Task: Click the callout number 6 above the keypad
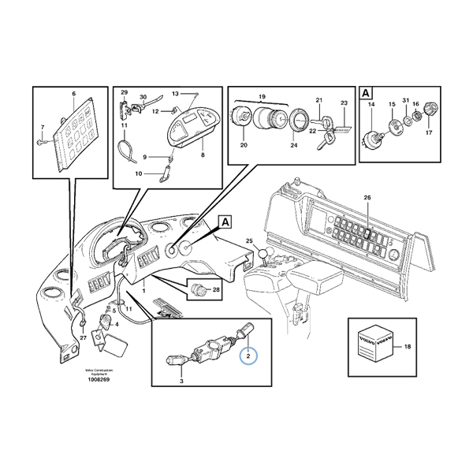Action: click(73, 94)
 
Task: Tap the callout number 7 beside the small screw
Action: click(43, 128)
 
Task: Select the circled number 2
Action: click(249, 356)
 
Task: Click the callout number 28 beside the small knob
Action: click(217, 291)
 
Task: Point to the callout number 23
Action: click(344, 102)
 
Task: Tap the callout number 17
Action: click(430, 133)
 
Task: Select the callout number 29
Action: click(124, 94)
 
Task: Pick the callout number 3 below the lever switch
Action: click(182, 382)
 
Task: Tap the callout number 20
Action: click(243, 145)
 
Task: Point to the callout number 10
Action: click(139, 173)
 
